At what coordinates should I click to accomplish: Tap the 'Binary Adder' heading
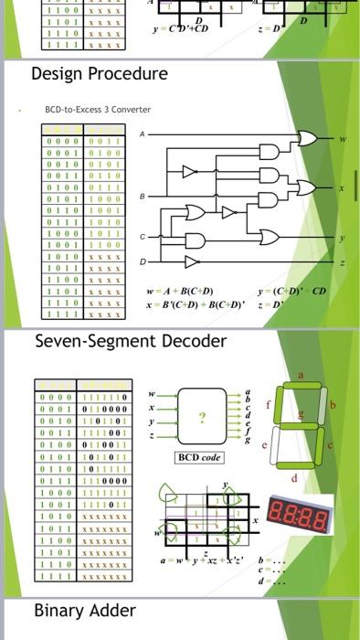click(84, 610)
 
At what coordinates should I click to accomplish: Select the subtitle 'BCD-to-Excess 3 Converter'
click(98, 110)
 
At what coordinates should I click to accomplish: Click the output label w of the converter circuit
click(343, 140)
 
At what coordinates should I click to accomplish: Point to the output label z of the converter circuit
click(343, 263)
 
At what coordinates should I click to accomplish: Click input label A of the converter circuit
click(142, 134)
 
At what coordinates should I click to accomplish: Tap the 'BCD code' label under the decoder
click(198, 457)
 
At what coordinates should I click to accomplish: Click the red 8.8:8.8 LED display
click(301, 510)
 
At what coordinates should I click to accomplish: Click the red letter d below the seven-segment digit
click(294, 476)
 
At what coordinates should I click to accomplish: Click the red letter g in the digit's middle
click(302, 414)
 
